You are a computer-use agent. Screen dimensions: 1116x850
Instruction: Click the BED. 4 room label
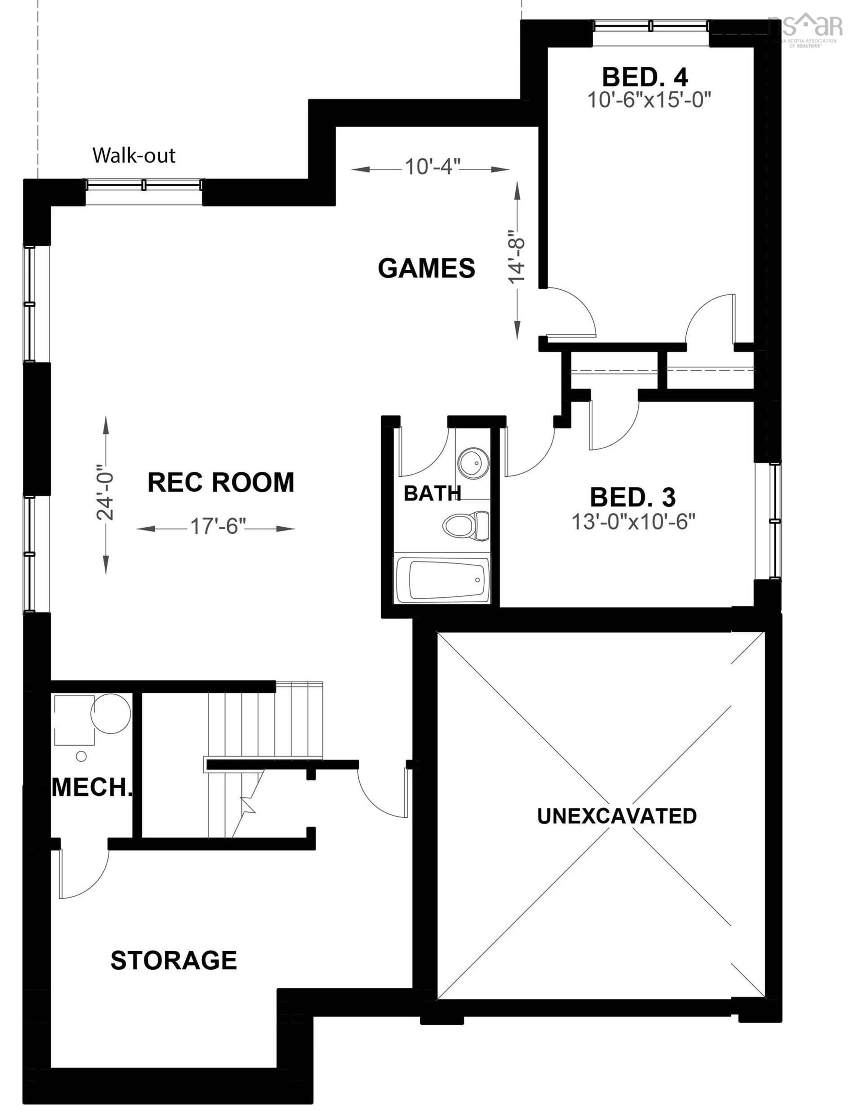[x=645, y=77]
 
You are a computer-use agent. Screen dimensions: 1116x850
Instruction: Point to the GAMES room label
[x=427, y=268]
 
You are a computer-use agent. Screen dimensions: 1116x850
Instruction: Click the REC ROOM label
[x=221, y=482]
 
